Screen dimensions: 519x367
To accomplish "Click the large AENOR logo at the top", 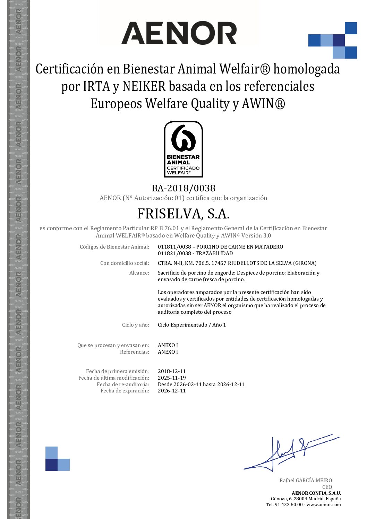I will [179, 33].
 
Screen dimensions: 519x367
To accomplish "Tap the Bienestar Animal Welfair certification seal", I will [183, 149].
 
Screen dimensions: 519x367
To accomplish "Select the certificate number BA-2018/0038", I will [183, 188].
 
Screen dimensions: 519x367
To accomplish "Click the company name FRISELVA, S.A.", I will [183, 214].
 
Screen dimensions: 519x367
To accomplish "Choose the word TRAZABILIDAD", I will [214, 253].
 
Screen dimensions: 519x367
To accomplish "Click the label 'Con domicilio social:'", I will [125, 263].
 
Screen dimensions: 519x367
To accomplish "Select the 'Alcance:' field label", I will [139, 273].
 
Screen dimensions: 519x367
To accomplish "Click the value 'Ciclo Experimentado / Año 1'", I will [192, 325].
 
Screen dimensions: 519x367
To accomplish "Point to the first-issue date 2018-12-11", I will [172, 371].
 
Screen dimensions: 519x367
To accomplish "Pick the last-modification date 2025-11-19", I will [172, 378].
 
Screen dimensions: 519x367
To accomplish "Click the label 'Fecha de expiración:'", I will [125, 391].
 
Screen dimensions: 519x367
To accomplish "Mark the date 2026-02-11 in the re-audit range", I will [186, 384].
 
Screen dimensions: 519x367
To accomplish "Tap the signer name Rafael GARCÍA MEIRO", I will [306, 481].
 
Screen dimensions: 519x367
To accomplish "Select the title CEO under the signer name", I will [327, 487].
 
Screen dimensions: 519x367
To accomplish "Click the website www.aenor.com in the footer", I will [324, 505].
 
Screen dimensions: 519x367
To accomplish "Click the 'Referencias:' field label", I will [134, 352].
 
